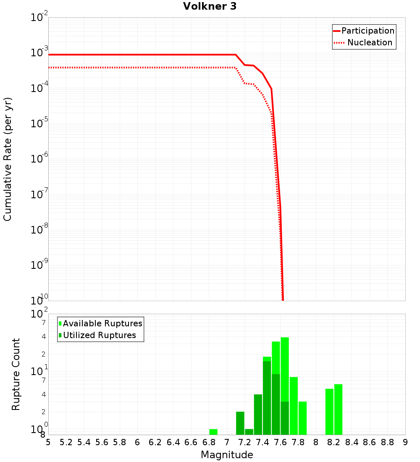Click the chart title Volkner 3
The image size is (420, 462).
point(210,6)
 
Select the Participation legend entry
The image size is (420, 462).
point(367,31)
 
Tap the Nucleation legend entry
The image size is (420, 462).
point(370,42)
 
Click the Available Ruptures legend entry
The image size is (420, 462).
point(102,323)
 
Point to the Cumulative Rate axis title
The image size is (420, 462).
point(8,159)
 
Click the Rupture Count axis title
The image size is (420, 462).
point(16,374)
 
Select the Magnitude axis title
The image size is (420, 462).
point(227,455)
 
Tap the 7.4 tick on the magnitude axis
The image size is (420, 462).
point(262,442)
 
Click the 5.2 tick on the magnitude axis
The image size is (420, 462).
point(66,442)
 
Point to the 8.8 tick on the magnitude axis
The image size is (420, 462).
point(388,442)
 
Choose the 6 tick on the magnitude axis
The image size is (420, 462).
point(137,442)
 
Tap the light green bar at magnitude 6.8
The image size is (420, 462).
point(213,432)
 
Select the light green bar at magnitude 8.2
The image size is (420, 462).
point(338,409)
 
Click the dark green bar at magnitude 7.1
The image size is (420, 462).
point(240,423)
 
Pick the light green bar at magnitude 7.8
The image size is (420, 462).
point(294,406)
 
